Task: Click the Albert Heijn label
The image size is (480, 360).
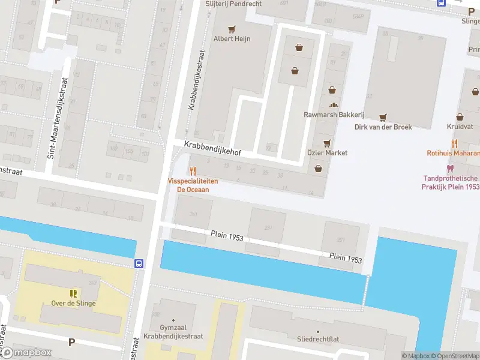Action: point(232,38)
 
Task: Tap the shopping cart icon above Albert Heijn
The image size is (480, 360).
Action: point(232,28)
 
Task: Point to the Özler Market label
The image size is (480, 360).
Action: point(327,153)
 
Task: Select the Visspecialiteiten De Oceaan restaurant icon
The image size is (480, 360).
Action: point(193,171)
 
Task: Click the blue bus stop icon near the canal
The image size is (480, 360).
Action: point(139,263)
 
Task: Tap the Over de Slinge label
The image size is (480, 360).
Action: point(73,303)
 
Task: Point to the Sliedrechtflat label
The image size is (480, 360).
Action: point(318,339)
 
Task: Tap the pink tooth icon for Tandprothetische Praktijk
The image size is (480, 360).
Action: point(451,169)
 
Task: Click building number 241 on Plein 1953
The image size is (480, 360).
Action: point(193,214)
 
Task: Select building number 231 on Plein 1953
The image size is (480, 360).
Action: point(268,227)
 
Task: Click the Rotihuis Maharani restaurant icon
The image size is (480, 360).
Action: point(454,143)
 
